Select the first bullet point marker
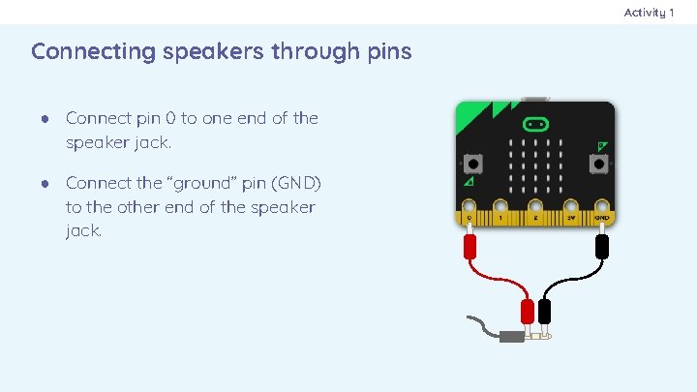[45, 118]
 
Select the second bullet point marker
[45, 182]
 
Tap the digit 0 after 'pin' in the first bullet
[170, 118]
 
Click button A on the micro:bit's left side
[472, 162]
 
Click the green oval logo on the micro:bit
[535, 125]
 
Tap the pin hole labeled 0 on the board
[470, 207]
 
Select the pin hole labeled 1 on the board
[500, 207]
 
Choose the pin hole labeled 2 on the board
[535, 207]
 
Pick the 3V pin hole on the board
[571, 207]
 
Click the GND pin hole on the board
[601, 207]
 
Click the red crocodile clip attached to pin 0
[470, 246]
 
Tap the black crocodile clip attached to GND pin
[601, 246]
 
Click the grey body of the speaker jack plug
[511, 338]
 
